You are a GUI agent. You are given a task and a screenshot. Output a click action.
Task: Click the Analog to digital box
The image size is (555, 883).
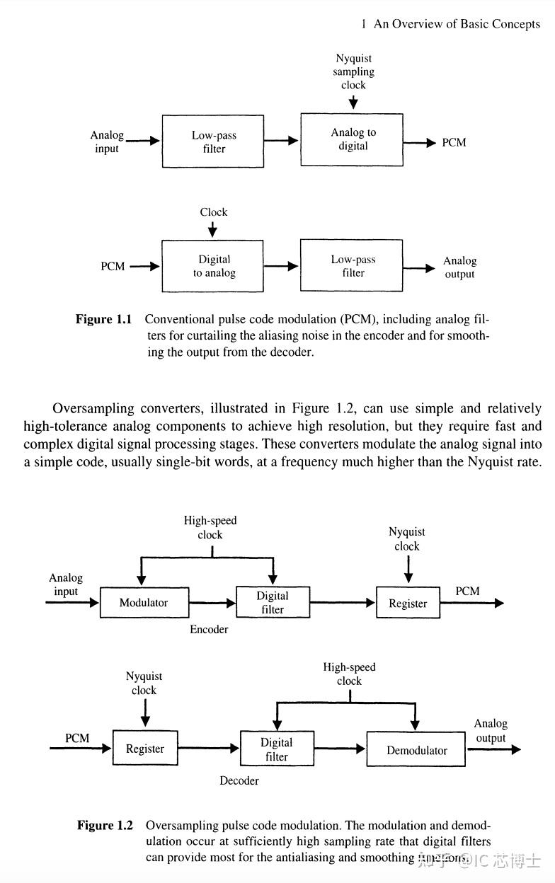pos(352,139)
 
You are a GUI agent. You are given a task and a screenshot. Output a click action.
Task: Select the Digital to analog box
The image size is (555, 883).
pos(213,266)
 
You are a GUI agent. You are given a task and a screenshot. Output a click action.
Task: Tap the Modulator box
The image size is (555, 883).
pos(144,603)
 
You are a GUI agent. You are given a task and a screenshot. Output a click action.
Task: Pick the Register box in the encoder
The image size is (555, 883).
pos(408,604)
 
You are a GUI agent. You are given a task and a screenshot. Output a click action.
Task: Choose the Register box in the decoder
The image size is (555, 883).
pos(145,749)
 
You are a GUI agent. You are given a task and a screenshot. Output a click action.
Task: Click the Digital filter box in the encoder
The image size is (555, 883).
pos(273,602)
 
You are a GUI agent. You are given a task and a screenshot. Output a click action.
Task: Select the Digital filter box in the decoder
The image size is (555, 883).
pos(276,749)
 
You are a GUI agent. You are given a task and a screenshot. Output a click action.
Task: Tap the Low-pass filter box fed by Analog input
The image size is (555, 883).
pos(213,142)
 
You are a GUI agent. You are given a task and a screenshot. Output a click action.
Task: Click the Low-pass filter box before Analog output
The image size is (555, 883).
pos(352,266)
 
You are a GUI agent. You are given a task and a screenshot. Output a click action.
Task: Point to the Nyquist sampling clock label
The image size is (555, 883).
pos(353,71)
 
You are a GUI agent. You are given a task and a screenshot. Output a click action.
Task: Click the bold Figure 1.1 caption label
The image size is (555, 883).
pos(104,319)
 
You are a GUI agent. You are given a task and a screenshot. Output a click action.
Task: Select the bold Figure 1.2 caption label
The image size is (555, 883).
pos(105,825)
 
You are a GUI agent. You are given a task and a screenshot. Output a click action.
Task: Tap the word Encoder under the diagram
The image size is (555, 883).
pos(209,629)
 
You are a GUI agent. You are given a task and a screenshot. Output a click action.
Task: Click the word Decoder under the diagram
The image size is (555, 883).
pos(239,780)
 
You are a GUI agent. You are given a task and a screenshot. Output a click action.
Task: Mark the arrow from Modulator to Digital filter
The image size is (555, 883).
pos(212,603)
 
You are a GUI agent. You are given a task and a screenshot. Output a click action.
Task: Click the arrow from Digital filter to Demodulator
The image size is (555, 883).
pos(339,749)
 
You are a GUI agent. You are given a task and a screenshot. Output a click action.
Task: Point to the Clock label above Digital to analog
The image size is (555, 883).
pos(213,212)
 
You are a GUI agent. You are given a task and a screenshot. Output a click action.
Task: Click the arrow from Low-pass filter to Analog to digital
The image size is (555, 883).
pos(282,141)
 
